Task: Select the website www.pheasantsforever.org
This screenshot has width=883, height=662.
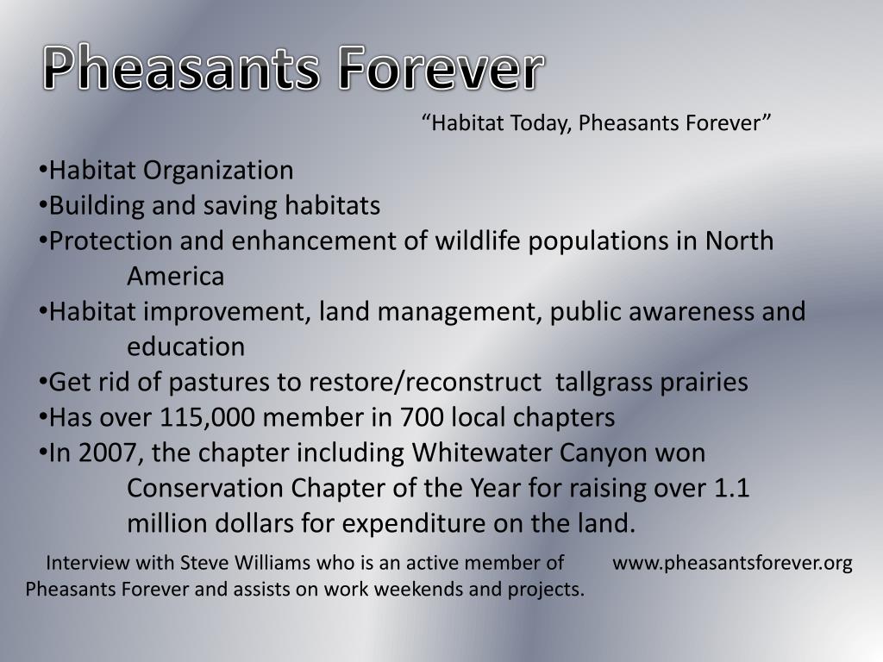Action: coord(732,564)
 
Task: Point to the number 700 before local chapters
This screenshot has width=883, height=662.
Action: coord(421,418)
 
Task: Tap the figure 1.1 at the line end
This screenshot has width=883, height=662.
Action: coord(732,489)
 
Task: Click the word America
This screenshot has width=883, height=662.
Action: coord(176,278)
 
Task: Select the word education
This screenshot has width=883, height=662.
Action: coord(186,347)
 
